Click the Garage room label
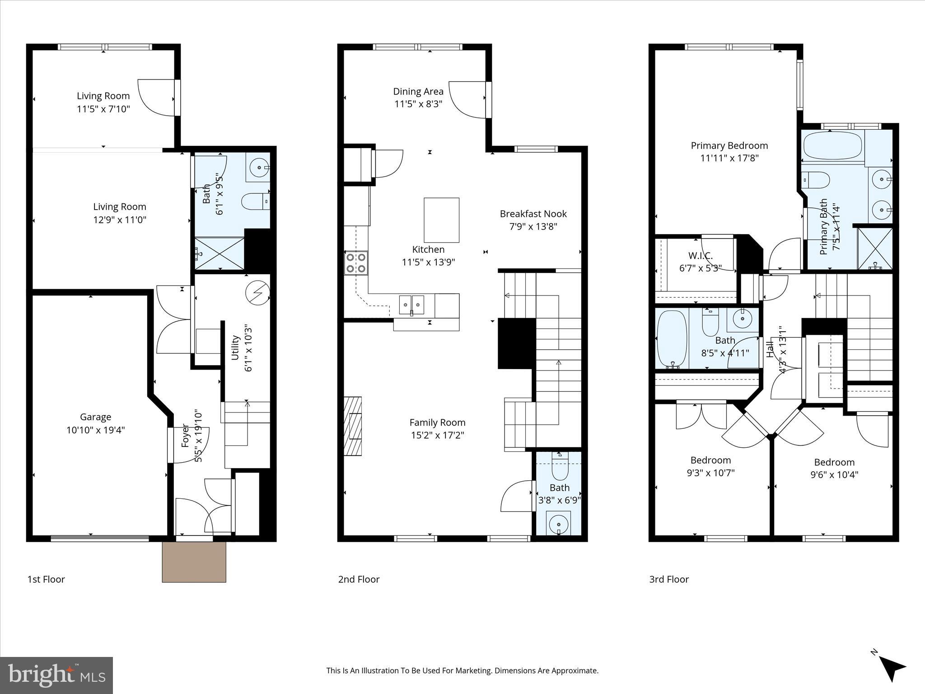point(95,417)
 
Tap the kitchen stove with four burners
point(356,263)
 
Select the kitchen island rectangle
point(441,220)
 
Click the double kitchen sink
point(411,305)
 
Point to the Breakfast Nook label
point(533,214)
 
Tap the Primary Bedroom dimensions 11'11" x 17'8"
point(729,158)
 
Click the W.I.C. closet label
point(700,256)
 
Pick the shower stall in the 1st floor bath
point(219,253)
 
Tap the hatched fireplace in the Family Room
point(353,426)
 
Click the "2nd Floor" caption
point(359,579)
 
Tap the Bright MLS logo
point(56,675)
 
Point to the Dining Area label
point(418,91)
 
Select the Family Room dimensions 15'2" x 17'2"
point(437,435)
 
